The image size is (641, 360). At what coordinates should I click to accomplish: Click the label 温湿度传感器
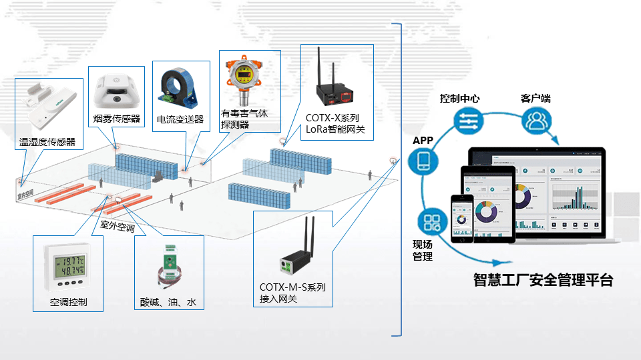47,141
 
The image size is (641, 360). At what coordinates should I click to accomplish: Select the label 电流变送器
180,120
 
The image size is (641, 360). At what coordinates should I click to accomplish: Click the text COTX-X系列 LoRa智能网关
335,124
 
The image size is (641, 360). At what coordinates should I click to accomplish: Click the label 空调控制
68,302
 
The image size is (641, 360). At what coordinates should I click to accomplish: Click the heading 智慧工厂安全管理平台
543,280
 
